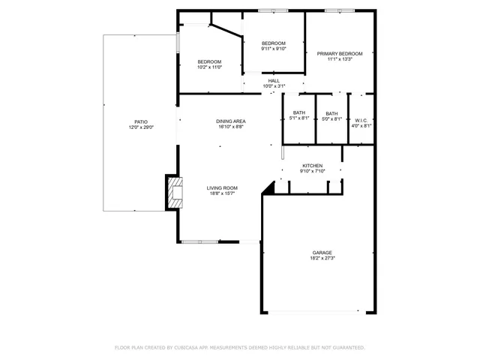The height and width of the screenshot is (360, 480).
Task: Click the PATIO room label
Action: (140, 121)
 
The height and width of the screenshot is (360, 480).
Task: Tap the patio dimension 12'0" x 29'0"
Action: (140, 127)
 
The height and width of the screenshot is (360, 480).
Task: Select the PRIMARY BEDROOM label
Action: (339, 53)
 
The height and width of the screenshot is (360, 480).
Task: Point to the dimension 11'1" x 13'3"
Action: (339, 60)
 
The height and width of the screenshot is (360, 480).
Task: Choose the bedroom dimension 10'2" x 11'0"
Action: (209, 67)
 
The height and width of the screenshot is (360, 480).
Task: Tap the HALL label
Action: (273, 80)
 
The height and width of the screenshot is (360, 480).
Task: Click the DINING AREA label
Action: (231, 121)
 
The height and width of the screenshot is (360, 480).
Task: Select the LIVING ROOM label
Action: (222, 188)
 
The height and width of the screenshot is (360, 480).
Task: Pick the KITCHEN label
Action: (312, 165)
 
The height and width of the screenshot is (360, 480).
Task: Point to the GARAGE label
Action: (322, 252)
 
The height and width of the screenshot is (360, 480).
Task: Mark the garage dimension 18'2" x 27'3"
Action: (322, 259)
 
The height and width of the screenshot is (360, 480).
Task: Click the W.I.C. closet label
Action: (361, 120)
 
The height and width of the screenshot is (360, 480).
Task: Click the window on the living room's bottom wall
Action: (200, 241)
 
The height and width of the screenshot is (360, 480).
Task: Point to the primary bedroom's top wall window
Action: (339, 10)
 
